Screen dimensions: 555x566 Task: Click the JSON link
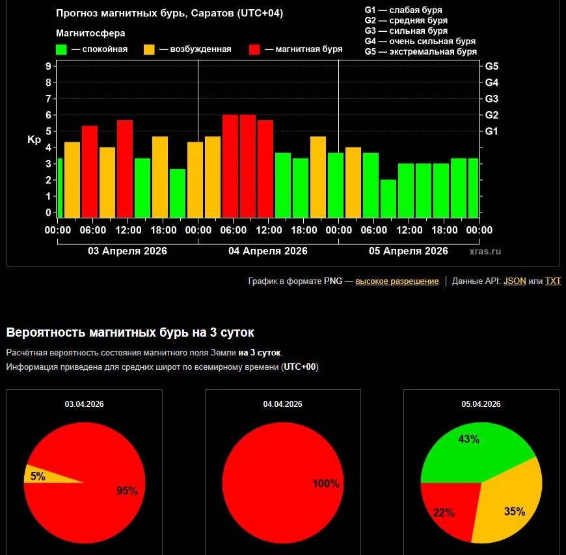click(x=515, y=281)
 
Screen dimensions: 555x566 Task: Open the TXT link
click(x=552, y=281)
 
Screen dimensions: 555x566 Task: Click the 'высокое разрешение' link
click(x=397, y=281)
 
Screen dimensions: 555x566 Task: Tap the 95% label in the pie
click(x=127, y=491)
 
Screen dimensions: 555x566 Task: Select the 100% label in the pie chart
click(x=326, y=484)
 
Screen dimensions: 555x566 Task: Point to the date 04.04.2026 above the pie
click(x=282, y=404)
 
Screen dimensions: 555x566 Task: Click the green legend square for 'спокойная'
click(x=62, y=49)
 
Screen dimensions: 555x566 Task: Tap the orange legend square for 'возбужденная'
click(x=149, y=49)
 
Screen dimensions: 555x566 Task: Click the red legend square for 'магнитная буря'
click(x=255, y=49)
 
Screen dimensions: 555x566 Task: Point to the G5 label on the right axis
click(x=492, y=66)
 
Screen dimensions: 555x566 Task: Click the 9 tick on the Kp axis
click(x=48, y=66)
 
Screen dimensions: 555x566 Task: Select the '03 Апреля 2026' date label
click(x=128, y=251)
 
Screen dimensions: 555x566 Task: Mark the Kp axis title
click(x=34, y=140)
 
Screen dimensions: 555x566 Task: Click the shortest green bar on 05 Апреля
click(x=388, y=198)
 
